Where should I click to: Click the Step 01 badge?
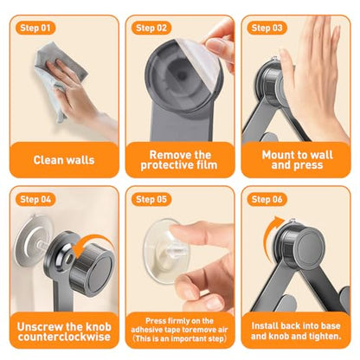[x=35, y=28]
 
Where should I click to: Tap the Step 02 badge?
[x=151, y=28]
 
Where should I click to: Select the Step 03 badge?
[x=267, y=28]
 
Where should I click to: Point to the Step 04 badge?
[x=35, y=199]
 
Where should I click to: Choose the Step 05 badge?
[x=151, y=199]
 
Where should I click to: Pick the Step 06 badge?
[x=267, y=199]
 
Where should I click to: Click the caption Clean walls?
[x=64, y=160]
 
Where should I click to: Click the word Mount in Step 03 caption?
[x=277, y=155]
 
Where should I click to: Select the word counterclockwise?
[x=64, y=337]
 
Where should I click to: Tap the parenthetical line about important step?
[x=180, y=338]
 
